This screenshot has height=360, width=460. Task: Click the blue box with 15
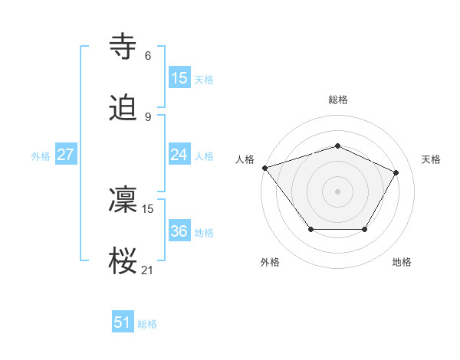coord(179,78)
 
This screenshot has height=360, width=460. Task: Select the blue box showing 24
coord(179,155)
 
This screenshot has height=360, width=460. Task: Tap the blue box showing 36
coord(179,231)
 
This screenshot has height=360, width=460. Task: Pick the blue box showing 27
coord(65,155)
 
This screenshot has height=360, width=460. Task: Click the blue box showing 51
coord(123,322)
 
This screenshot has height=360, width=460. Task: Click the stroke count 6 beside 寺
coord(148,56)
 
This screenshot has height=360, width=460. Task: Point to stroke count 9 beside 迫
coord(148,116)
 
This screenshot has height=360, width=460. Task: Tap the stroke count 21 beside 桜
coord(148,270)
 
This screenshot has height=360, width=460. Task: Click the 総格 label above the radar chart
coord(337,100)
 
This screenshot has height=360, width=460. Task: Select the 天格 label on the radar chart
coord(431,159)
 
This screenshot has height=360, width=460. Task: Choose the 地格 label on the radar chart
coord(402,262)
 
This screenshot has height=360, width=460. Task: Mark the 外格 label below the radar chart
coord(270,262)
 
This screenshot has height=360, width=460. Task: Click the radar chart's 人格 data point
coord(264,168)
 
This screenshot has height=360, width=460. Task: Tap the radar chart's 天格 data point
coord(396,172)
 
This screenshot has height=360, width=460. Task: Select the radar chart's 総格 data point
coord(337,146)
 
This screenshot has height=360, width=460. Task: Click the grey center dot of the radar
coord(337,191)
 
